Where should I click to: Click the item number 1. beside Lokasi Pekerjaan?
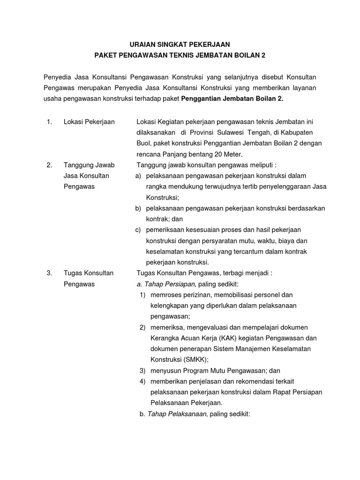[x=49, y=122]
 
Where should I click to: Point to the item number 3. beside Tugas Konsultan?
[x=49, y=273]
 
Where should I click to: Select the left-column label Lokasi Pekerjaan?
[x=89, y=122]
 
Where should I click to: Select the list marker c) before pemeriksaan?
[x=137, y=230]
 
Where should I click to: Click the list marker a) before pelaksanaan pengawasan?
[x=137, y=176]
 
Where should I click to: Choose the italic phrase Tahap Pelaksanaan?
[x=177, y=414]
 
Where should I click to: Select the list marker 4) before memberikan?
[x=143, y=381]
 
